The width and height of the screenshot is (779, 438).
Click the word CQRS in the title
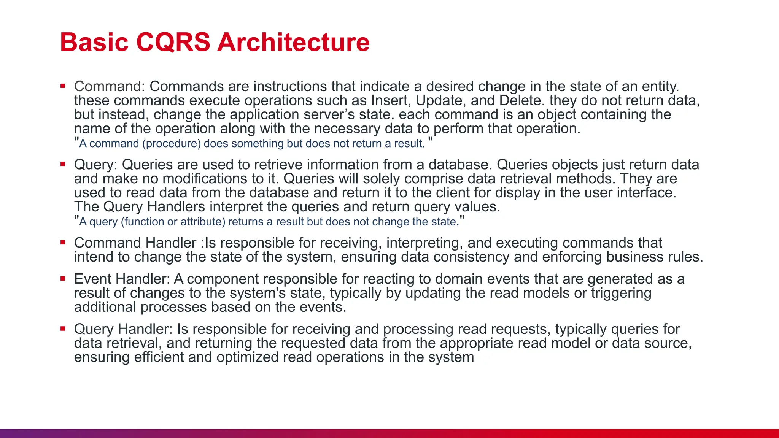click(x=173, y=42)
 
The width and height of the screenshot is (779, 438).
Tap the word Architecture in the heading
click(x=293, y=42)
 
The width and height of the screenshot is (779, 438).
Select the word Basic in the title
click(x=94, y=42)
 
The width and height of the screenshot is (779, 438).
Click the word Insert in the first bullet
click(x=391, y=101)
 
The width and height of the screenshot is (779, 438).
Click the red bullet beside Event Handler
click(x=63, y=279)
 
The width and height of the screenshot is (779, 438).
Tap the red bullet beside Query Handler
click(x=63, y=329)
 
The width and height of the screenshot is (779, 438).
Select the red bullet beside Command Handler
click(x=63, y=243)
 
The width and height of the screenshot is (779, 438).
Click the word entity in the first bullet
click(x=660, y=87)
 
